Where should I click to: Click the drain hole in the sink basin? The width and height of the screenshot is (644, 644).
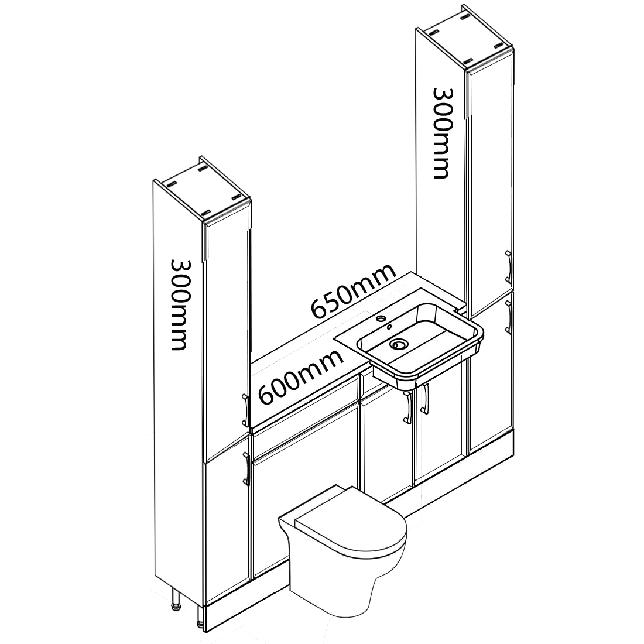click(400, 345)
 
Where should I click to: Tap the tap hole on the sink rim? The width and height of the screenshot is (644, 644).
click(382, 319)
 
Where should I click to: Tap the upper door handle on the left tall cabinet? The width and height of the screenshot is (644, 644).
click(245, 410)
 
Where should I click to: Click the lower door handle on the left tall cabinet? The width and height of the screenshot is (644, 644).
click(247, 468)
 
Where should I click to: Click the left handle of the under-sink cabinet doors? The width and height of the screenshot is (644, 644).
click(407, 407)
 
